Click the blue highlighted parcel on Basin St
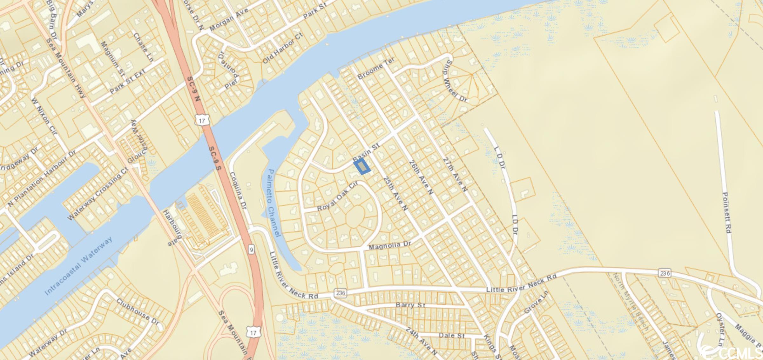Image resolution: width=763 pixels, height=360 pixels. (362, 167)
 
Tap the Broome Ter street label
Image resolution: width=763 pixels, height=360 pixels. (376, 69)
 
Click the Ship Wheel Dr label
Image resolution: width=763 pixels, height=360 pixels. (456, 81)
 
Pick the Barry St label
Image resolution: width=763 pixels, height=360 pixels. (410, 305)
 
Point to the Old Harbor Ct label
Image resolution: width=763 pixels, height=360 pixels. (283, 48)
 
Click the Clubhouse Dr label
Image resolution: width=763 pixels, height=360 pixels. (138, 311)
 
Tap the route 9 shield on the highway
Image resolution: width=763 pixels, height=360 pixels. (251, 250)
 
